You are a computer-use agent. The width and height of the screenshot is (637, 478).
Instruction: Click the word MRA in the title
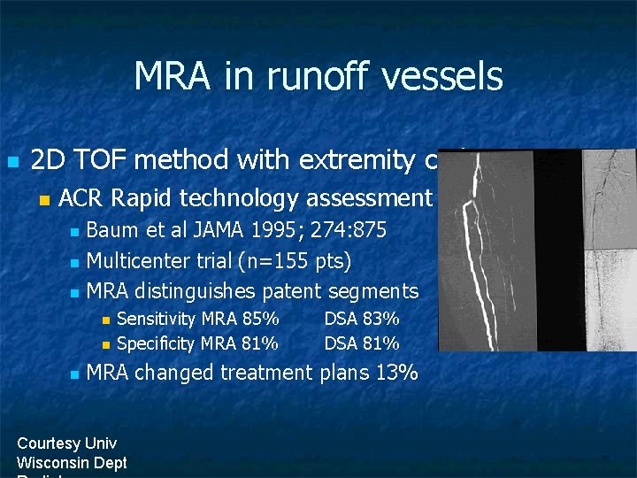point(173,77)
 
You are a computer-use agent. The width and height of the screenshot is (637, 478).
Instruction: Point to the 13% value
point(396,373)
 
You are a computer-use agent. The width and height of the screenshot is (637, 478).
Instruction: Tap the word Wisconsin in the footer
point(56,462)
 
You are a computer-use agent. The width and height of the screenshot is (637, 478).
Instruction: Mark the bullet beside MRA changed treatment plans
point(74,374)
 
